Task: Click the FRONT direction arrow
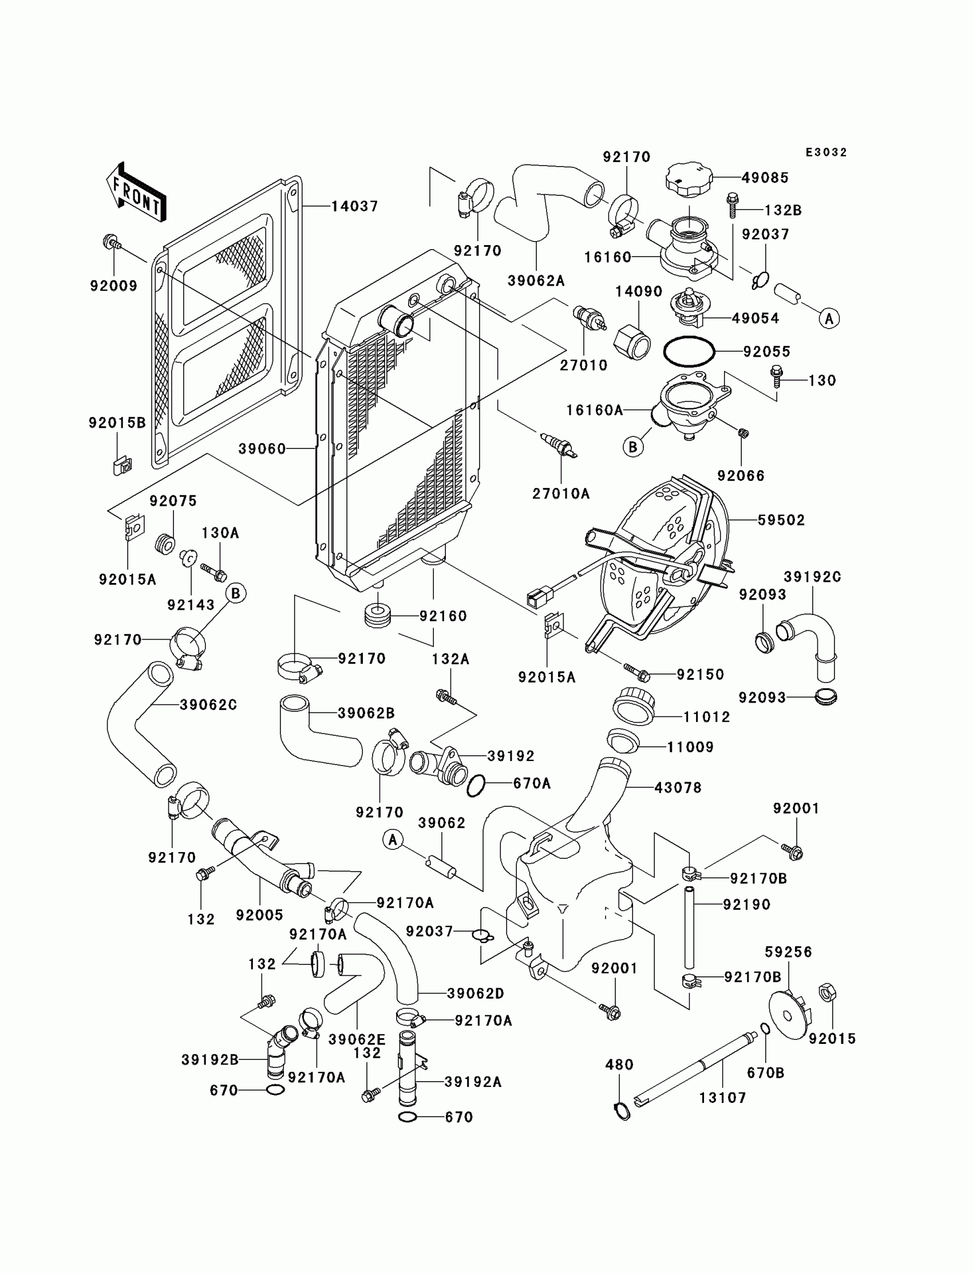coord(136,192)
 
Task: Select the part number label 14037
coord(354,206)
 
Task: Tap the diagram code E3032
coord(826,152)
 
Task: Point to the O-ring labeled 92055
coord(689,351)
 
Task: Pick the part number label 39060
coord(262,449)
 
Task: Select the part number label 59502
coord(781,521)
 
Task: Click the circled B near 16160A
coord(633,447)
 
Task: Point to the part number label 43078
coord(678,788)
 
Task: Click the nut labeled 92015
coord(828,992)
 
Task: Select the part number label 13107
coord(723,1097)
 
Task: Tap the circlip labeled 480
coord(622,1112)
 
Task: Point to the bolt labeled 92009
coord(112,242)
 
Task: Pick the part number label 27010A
coord(561,494)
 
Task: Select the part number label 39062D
coord(476,994)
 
